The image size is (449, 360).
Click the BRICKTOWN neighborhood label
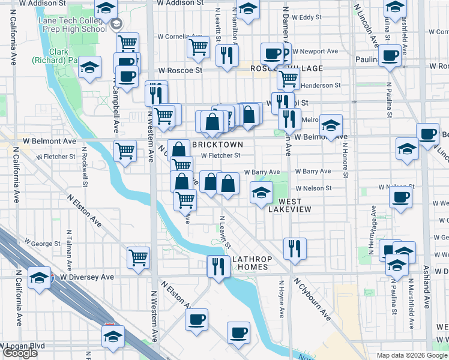(x=217, y=145)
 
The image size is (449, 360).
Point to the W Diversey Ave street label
(x=86, y=278)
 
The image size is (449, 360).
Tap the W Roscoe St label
(x=178, y=70)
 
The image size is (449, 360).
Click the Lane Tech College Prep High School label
(x=72, y=24)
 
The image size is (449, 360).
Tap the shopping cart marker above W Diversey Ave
(x=139, y=257)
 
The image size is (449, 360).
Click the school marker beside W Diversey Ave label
(x=40, y=278)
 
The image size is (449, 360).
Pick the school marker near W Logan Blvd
(x=112, y=336)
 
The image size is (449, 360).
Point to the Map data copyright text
(x=411, y=355)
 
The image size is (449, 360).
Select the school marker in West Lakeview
(x=261, y=193)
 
